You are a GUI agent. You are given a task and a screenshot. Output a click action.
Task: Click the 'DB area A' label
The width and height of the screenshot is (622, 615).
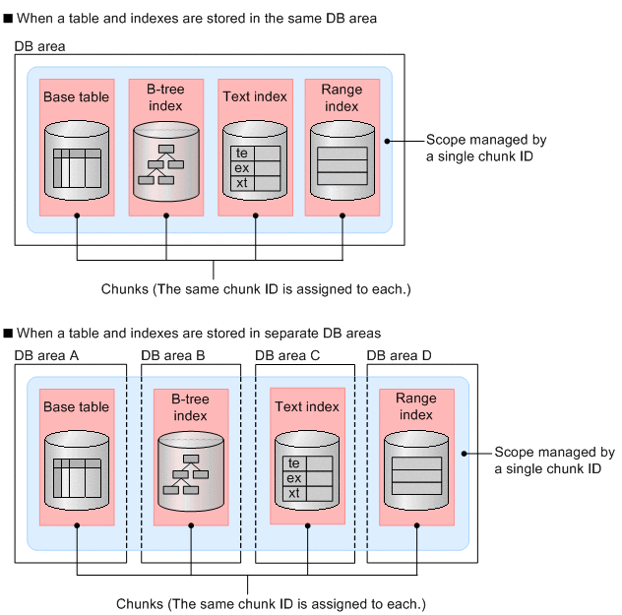tap(47, 355)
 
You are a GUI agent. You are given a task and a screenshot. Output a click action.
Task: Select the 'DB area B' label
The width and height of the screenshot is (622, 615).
tap(173, 355)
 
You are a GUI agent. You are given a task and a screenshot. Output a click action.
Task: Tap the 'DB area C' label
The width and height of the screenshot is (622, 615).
tap(287, 355)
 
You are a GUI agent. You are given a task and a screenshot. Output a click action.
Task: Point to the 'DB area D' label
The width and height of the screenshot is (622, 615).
tap(400, 355)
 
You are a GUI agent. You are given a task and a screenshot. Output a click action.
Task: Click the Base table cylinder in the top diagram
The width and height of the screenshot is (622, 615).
tap(77, 162)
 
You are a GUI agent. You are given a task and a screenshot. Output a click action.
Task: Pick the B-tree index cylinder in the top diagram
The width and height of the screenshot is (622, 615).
tap(165, 162)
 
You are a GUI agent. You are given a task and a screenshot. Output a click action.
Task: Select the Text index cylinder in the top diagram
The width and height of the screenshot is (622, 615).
tap(255, 162)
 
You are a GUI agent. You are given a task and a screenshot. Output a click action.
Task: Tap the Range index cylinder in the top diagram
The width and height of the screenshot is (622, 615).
tap(342, 162)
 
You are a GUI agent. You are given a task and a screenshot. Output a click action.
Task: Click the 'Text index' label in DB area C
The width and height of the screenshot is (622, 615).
tap(307, 406)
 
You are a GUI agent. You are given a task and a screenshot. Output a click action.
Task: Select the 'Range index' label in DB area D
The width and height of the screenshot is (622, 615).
tap(416, 406)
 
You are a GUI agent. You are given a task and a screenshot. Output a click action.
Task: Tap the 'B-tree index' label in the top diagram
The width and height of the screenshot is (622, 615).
tap(165, 97)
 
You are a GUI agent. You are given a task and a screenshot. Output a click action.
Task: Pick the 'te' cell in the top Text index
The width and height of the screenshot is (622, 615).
tap(241, 154)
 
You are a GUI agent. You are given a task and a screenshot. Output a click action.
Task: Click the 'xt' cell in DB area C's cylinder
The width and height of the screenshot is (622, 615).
tap(294, 492)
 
